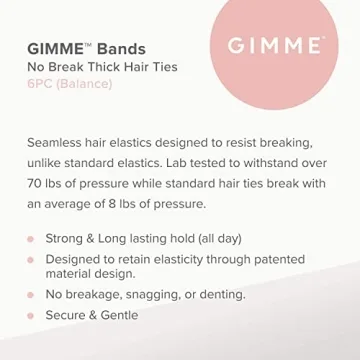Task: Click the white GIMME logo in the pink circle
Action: pyautogui.click(x=275, y=46)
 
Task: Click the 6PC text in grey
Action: pyautogui.click(x=39, y=84)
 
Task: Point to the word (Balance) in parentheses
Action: pyautogui.click(x=85, y=84)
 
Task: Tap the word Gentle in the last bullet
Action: pyautogui.click(x=117, y=315)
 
